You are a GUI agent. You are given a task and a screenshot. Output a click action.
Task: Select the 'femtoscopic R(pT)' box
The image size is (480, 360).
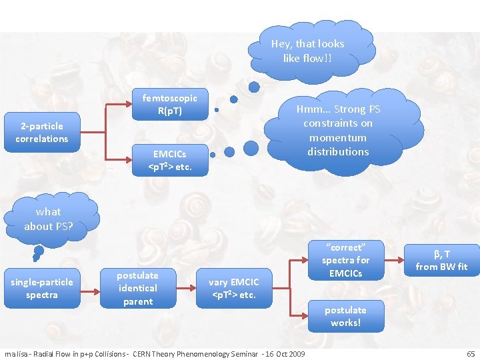tap(169, 104)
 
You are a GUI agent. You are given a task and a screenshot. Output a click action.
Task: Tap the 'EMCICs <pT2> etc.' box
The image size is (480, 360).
tap(169, 160)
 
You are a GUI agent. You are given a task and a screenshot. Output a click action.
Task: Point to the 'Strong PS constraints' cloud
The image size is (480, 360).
tap(338, 131)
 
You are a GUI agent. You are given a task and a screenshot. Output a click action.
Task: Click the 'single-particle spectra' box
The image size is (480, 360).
tap(42, 289)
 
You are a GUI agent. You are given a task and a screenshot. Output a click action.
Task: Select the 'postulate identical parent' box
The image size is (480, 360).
tap(138, 288)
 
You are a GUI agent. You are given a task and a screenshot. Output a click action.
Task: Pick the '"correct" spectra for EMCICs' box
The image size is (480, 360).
tap(345, 259)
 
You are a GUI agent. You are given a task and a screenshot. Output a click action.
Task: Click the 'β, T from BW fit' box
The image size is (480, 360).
tap(441, 260)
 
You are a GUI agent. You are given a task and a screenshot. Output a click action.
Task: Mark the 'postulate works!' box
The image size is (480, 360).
tap(345, 316)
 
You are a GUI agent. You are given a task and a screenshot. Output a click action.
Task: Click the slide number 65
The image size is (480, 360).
tap(471, 353)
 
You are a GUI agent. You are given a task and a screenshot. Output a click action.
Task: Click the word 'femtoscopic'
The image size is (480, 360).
tap(169, 97)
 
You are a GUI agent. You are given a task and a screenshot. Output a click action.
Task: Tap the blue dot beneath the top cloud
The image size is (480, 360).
tap(254, 87)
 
